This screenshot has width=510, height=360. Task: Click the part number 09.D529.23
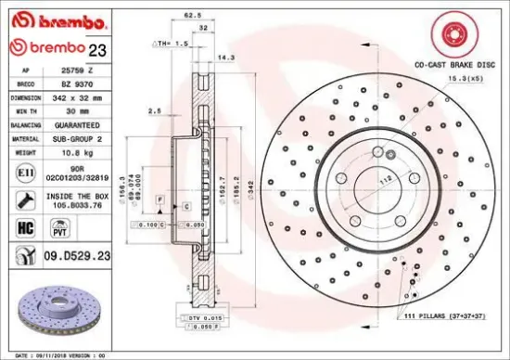point(77,255)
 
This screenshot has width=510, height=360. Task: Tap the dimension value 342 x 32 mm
point(76,96)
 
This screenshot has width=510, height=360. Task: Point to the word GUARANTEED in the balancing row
point(76,123)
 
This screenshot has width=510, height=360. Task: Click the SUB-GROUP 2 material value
point(76,136)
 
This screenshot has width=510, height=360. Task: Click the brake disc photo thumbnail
point(56,313)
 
